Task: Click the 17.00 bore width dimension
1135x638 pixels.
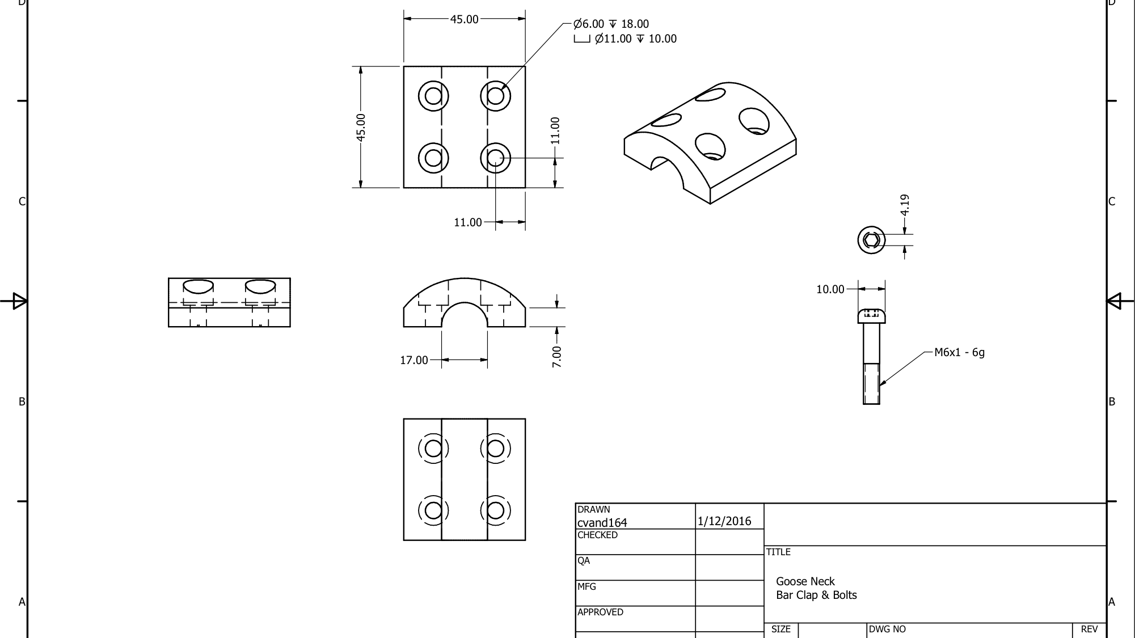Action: (414, 360)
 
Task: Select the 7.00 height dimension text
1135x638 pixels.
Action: (556, 357)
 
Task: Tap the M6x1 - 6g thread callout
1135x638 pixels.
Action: (959, 353)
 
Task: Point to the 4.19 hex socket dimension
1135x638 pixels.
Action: (905, 204)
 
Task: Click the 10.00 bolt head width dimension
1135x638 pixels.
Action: (830, 290)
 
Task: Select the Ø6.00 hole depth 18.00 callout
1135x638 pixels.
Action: (611, 24)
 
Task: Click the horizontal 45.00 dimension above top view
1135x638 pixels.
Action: (464, 19)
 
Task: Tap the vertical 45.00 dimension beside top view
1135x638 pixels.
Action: (361, 126)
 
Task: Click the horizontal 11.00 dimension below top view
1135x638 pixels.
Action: (467, 223)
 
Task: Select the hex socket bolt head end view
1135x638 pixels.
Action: (871, 240)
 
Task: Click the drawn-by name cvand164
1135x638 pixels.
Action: (602, 523)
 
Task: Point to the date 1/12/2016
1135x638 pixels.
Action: (724, 521)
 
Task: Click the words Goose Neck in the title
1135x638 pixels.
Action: (805, 581)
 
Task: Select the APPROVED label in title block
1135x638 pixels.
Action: (600, 612)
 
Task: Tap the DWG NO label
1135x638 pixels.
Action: (887, 629)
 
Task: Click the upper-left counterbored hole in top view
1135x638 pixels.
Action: (433, 96)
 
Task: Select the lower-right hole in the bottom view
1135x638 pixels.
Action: (495, 510)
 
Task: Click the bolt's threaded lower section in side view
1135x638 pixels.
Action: (871, 384)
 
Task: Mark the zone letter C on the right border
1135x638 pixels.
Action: (1112, 202)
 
